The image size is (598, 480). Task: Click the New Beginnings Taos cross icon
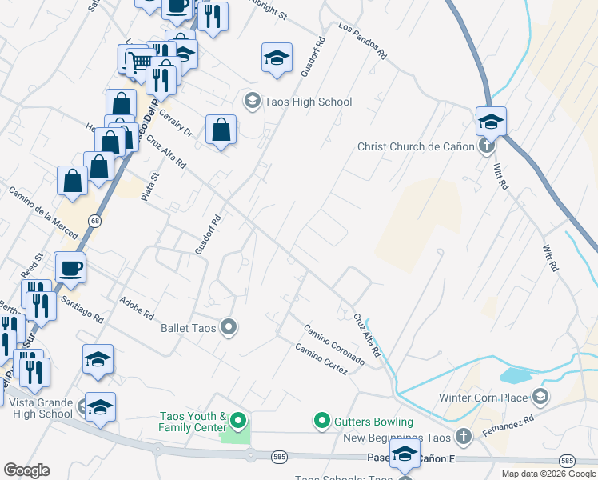[463, 437]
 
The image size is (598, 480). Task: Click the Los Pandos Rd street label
[362, 42]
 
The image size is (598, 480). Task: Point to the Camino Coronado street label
[333, 346]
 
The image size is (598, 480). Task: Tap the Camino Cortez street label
[321, 359]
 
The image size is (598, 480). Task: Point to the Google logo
[26, 470]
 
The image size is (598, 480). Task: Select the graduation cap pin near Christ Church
[491, 122]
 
